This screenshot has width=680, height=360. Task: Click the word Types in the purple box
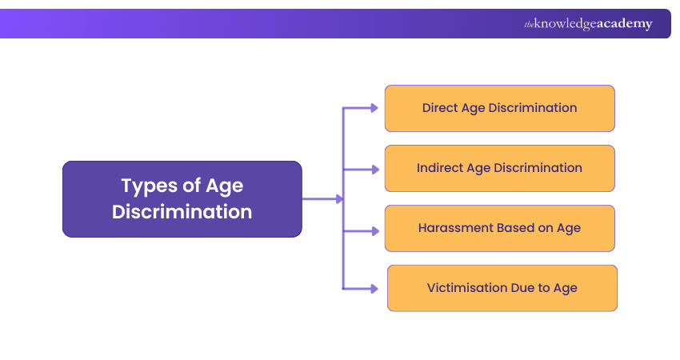click(148, 186)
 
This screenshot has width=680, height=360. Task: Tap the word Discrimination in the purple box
click(182, 212)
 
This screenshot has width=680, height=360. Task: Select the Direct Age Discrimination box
click(499, 108)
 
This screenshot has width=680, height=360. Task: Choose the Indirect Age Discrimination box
click(499, 168)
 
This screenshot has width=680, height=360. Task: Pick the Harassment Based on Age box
click(499, 228)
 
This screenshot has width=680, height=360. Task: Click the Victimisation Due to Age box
click(502, 288)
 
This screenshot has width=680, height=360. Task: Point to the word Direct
click(440, 108)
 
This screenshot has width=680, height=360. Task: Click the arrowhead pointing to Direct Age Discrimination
click(374, 108)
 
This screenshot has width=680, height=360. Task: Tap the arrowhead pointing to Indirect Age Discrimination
click(374, 169)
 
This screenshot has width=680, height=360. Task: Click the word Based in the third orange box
click(513, 228)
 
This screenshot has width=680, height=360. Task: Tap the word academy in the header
click(623, 24)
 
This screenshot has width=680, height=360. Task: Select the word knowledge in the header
click(563, 24)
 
